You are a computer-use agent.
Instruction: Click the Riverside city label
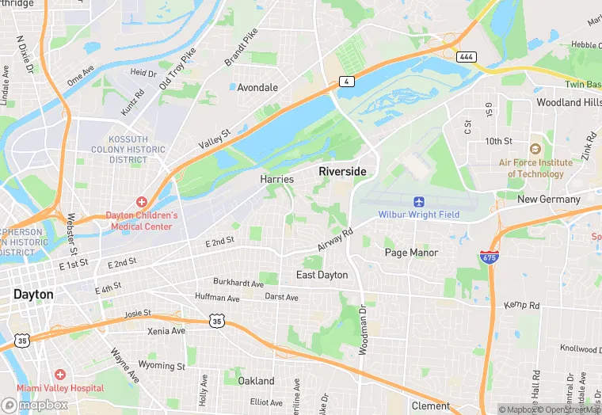pos(343,171)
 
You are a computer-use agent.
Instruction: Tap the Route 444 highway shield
pos(466,57)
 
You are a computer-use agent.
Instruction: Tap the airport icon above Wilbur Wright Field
pos(418,200)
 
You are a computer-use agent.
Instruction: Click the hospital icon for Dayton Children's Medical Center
pos(142,202)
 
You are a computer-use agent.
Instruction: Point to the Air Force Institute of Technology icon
pos(535,149)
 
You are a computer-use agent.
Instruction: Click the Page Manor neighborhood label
pos(411,253)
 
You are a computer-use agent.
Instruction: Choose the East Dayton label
pos(322,275)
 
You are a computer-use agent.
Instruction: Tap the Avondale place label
pos(258,87)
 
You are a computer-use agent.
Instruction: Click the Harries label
pos(276,180)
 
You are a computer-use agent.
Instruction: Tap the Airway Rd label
pos(333,238)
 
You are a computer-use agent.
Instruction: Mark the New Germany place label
pos(549,200)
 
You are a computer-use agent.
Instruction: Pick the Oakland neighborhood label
pos(256,381)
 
